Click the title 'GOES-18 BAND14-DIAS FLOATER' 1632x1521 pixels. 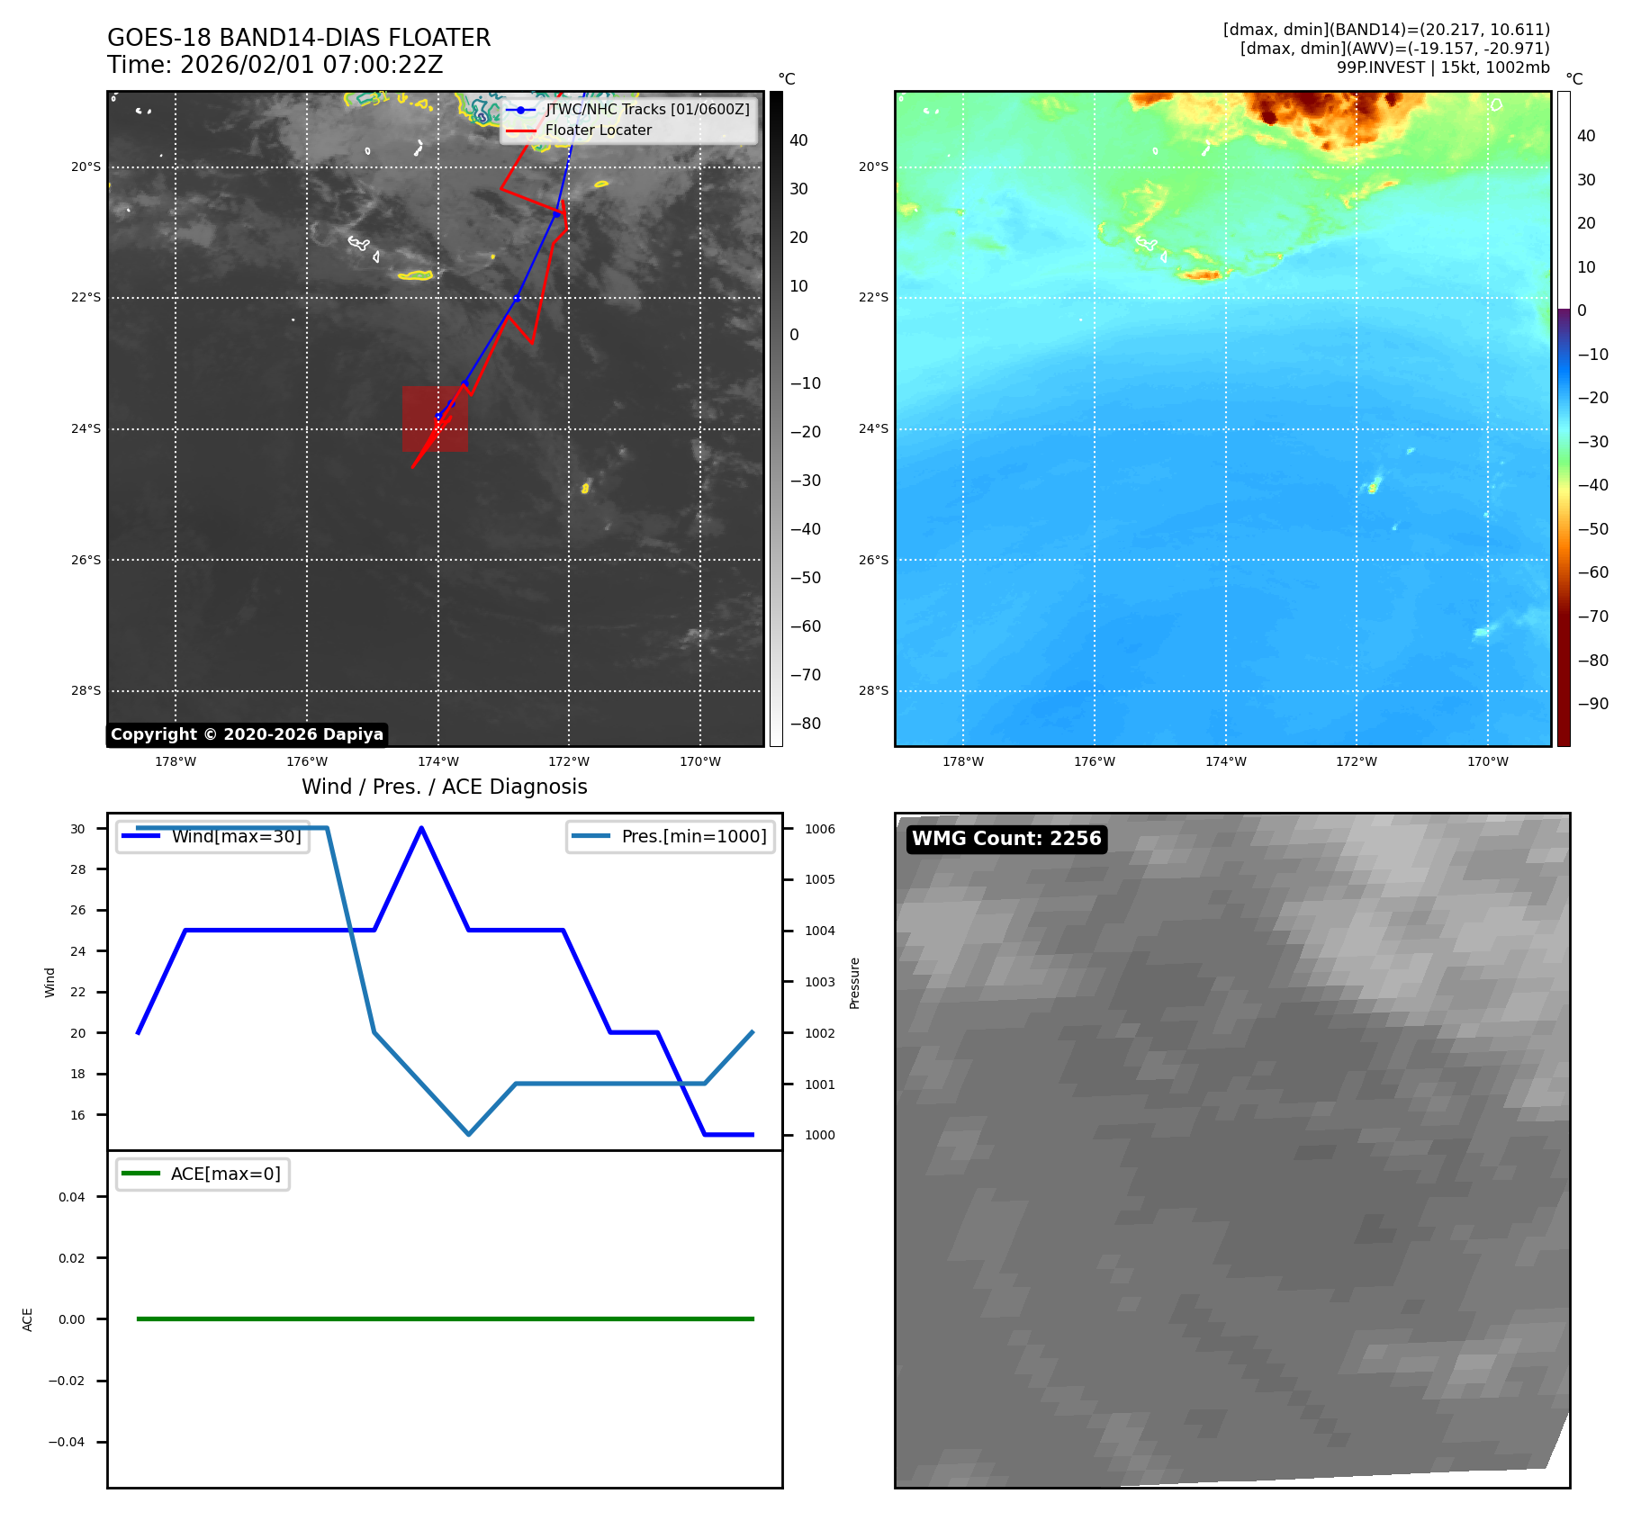pyautogui.click(x=299, y=38)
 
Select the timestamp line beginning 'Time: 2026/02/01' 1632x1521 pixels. pyautogui.click(x=275, y=65)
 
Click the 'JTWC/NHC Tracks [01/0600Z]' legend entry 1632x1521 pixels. pyautogui.click(x=646, y=109)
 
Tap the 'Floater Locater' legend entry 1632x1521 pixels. pyautogui.click(x=598, y=130)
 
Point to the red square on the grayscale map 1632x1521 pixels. pyautogui.click(x=435, y=418)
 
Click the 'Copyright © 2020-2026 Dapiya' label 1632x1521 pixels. pyautogui.click(x=247, y=734)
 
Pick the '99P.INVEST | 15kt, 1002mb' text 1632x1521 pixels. pyautogui.click(x=1442, y=67)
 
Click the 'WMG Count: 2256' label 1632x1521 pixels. pyautogui.click(x=1006, y=839)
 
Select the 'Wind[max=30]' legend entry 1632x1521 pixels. pyautogui.click(x=236, y=836)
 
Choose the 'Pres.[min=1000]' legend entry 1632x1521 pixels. pyautogui.click(x=693, y=836)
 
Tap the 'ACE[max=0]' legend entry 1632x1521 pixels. pyautogui.click(x=225, y=1174)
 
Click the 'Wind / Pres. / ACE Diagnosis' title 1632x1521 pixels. pyautogui.click(x=444, y=787)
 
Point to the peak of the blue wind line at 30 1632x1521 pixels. pyautogui.click(x=421, y=828)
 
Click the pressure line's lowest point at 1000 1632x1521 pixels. pyautogui.click(x=469, y=1134)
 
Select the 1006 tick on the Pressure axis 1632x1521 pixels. pyautogui.click(x=819, y=829)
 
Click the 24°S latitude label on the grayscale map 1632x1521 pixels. pyautogui.click(x=86, y=428)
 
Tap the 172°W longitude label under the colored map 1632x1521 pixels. pyautogui.click(x=1356, y=761)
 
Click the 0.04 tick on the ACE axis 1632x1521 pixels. pyautogui.click(x=72, y=1197)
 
